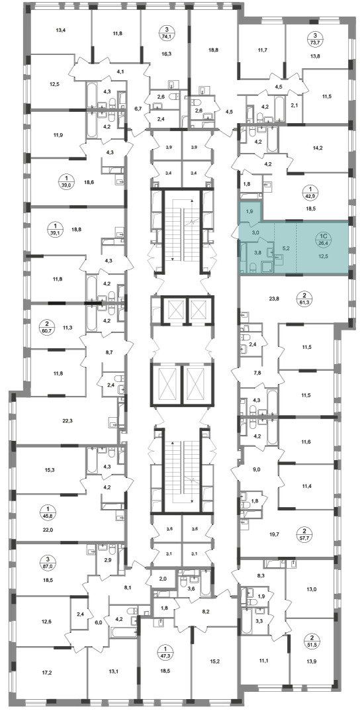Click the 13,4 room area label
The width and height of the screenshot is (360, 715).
pos(61,30)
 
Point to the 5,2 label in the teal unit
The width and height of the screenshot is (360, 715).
pos(286,248)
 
